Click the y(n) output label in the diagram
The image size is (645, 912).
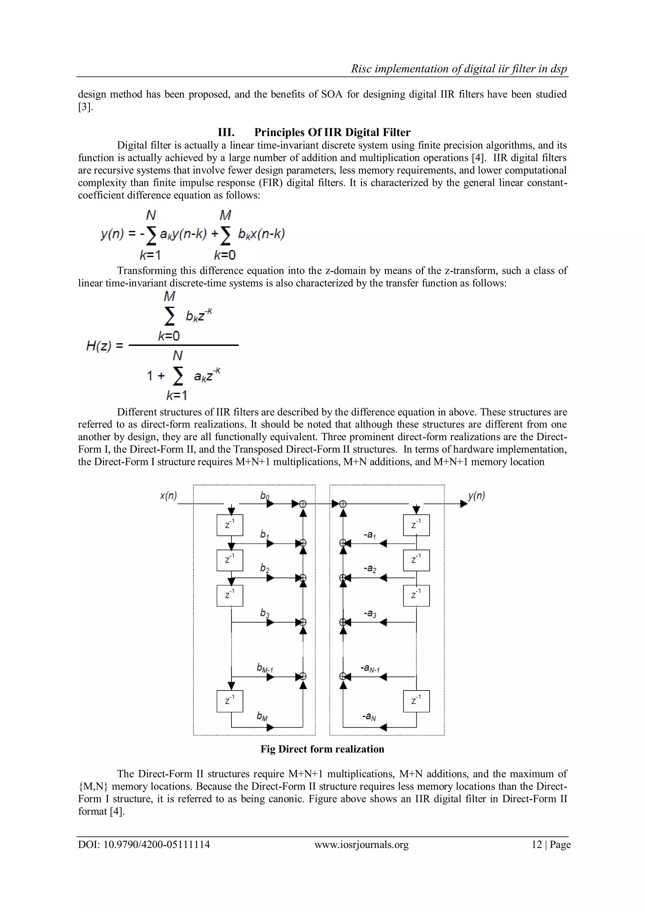point(476,496)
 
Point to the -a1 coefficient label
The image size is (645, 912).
point(370,535)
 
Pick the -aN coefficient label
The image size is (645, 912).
point(369,717)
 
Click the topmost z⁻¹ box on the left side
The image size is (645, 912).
point(230,525)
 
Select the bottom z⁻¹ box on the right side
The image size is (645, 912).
point(416,701)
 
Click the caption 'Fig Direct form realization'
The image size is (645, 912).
point(322,749)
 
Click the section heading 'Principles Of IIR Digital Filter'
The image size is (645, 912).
point(332,132)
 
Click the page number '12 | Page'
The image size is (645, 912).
point(551,845)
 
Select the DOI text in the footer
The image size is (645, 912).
point(144,845)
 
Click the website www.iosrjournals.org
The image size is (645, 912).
point(362,845)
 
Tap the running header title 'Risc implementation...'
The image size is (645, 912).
point(459,69)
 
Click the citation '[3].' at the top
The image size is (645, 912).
point(86,107)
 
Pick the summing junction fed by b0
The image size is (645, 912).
point(303,504)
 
